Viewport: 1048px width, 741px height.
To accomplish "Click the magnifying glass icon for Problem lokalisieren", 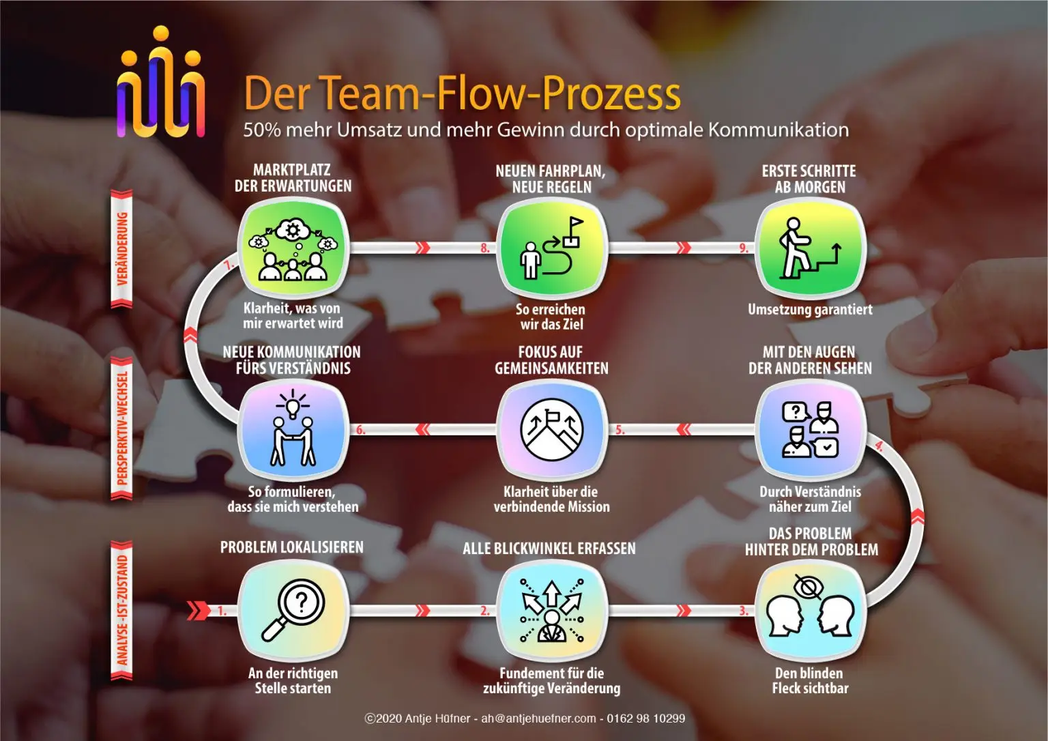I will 293,610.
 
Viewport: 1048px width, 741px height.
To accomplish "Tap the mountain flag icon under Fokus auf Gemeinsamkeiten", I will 551,429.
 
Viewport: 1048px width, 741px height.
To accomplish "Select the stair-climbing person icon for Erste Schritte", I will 810,248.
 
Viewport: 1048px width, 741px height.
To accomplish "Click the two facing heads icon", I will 810,610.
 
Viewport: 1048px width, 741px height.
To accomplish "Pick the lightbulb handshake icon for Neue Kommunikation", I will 293,429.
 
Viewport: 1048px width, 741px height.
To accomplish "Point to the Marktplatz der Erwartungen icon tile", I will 293,248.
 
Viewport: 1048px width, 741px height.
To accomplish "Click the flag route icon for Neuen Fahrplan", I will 551,248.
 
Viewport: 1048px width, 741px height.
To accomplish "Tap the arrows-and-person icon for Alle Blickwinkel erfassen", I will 551,610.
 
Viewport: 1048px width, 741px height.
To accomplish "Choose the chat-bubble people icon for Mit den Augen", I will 810,429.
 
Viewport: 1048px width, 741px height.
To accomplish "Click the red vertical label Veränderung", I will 122,248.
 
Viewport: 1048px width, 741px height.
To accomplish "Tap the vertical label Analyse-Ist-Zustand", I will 122,610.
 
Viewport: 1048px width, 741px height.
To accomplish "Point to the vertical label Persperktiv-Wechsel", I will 122,429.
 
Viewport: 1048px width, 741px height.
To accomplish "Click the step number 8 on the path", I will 485,248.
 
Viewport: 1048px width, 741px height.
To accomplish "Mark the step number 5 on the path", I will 620,430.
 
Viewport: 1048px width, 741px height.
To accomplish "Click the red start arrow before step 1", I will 199,610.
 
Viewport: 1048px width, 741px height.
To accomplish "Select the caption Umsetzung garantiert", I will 810,310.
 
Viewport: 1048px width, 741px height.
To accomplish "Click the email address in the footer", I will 538,718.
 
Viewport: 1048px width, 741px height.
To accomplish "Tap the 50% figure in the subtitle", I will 262,130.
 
